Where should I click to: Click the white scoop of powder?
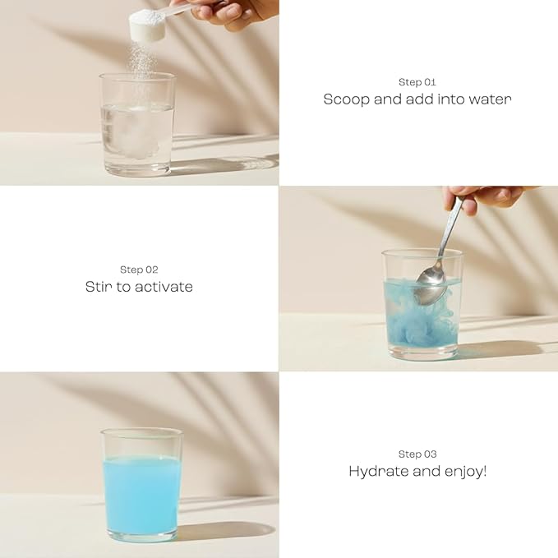point(147,25)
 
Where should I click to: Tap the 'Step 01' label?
point(417,82)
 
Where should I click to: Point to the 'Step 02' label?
point(139,270)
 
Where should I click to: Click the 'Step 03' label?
point(417,454)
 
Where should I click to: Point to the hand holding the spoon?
point(486,199)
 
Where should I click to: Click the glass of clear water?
point(137,125)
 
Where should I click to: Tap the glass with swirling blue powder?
point(422,305)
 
